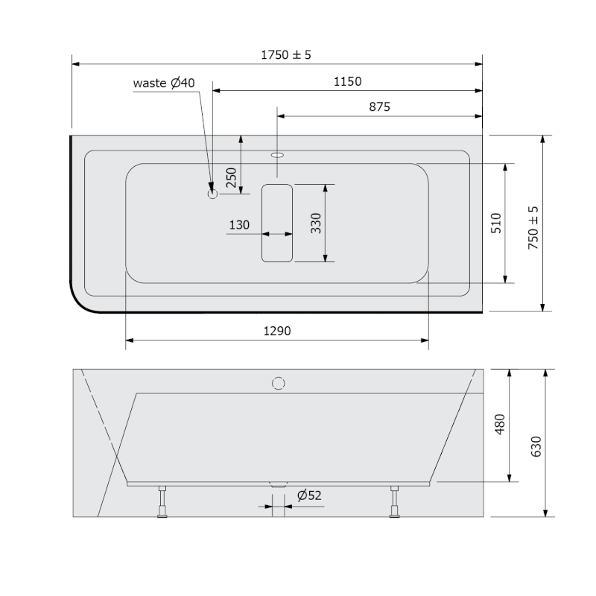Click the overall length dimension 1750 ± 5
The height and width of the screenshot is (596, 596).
point(286,54)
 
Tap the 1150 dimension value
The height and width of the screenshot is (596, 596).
point(347,81)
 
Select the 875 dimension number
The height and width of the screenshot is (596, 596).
point(379,107)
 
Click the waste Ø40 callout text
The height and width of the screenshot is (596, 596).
point(164,83)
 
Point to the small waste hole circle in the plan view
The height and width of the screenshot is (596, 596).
point(212,194)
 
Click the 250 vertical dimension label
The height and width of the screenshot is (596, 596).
point(231,177)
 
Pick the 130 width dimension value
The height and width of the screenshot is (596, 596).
point(239,225)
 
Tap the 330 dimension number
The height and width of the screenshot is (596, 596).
point(316,223)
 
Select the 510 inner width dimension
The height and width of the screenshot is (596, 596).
point(496,223)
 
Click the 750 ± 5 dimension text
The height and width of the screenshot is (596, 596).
point(533,228)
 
